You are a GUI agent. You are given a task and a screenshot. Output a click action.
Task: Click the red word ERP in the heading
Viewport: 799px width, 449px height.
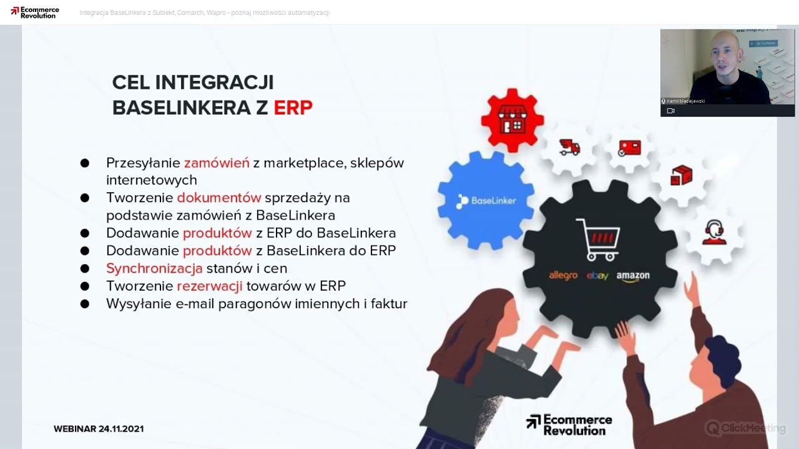pos(293,107)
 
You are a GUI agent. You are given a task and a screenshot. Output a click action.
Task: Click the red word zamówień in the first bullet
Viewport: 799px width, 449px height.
pos(217,163)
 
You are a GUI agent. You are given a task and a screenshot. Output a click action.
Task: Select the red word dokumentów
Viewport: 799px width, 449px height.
pos(218,198)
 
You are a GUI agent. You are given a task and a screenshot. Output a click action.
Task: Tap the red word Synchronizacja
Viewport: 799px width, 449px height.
pos(154,268)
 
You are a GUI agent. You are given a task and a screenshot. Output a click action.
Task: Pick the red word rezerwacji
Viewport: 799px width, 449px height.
pos(210,286)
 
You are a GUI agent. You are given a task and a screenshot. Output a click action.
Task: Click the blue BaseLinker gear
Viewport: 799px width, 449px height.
pos(486,201)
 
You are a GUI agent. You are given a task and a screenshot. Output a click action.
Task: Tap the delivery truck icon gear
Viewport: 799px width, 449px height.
pos(569,148)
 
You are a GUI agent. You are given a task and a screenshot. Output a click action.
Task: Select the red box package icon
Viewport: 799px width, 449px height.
pos(681,176)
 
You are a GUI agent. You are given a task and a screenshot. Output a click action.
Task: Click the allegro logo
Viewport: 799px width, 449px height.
pos(563,275)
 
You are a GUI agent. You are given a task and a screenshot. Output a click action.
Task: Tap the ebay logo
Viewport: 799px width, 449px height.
pos(597,276)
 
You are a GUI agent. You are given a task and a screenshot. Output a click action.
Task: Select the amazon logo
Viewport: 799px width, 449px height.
pos(633,276)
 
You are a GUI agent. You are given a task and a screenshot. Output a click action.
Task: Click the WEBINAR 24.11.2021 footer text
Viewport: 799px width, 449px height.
pos(99,429)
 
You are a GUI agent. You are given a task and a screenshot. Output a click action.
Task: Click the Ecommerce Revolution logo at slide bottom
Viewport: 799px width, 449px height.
pos(569,425)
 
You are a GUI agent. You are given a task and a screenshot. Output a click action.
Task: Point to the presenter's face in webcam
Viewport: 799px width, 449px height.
pos(725,60)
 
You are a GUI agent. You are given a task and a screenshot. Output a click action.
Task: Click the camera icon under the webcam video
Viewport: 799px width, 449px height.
pos(670,111)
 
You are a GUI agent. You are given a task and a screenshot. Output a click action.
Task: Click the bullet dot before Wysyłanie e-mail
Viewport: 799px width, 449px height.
pos(84,304)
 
